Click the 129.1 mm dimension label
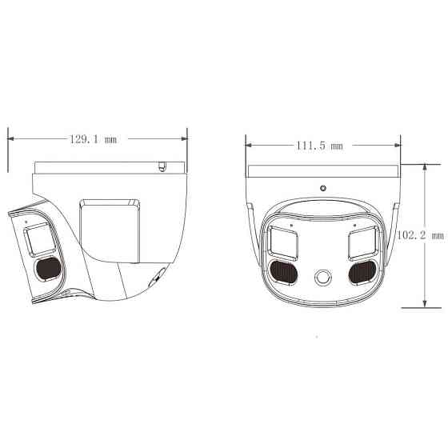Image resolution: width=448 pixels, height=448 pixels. click(93, 138)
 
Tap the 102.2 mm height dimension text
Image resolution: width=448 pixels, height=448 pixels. click(422, 235)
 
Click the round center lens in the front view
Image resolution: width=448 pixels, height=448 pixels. click(322, 277)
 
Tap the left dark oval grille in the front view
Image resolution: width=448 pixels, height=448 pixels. click(284, 273)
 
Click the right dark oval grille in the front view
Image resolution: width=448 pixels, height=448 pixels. click(362, 273)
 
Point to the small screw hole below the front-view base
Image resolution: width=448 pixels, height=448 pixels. click(322, 189)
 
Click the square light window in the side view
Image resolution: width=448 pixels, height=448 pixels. click(37, 239)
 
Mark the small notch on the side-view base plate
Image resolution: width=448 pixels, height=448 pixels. click(161, 167)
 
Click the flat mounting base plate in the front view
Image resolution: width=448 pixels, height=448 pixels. click(322, 171)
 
